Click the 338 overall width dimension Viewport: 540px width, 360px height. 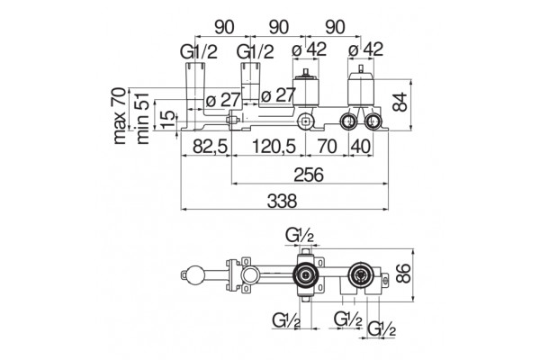point(282,201)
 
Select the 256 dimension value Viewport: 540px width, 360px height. point(309,175)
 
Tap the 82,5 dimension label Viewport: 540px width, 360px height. point(210,147)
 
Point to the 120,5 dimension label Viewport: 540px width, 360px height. point(274,147)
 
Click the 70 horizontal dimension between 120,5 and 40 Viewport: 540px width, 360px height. point(327,147)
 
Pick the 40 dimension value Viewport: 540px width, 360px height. point(361,147)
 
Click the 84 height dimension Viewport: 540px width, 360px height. point(400,102)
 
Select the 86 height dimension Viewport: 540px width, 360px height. point(403,274)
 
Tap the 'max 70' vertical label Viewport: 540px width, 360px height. point(120,116)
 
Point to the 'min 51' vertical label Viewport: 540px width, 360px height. point(142,118)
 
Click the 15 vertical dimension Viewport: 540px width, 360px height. point(168,120)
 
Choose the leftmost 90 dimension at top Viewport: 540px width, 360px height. point(224,27)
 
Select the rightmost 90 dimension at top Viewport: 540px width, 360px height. point(335,27)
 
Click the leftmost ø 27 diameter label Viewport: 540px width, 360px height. point(222,100)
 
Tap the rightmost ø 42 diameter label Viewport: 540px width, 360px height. point(365,49)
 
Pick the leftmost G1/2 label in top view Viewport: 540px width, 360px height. point(199,51)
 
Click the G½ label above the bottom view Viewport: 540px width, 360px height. point(300,236)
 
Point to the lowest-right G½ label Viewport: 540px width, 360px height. point(382,329)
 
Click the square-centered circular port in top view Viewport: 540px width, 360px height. point(305,121)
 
